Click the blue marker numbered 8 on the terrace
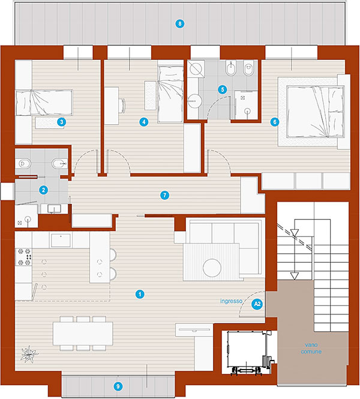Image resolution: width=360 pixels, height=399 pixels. point(180,24)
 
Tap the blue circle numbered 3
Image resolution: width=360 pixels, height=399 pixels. point(62,122)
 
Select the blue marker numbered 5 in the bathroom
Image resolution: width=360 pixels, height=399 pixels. point(223,89)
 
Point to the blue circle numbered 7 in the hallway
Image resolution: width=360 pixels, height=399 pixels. point(164,196)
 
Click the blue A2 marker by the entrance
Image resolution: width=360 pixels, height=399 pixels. point(257,304)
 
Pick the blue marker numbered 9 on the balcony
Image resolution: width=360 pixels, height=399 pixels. point(118,386)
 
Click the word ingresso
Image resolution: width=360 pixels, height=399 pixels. point(231,301)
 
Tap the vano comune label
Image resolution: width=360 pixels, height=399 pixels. point(311,348)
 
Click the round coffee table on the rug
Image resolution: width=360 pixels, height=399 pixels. point(212,268)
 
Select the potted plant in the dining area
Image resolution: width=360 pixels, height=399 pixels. point(29,354)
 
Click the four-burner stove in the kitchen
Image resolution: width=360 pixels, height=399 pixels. point(23,257)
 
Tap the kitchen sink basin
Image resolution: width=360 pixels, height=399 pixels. point(61,241)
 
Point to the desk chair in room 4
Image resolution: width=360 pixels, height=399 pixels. point(122,106)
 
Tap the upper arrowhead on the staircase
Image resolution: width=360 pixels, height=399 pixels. point(295,232)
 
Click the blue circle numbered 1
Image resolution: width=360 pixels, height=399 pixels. point(140,294)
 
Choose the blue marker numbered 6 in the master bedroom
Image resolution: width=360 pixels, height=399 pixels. point(275,122)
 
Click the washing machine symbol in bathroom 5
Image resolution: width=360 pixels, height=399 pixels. point(196,68)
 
